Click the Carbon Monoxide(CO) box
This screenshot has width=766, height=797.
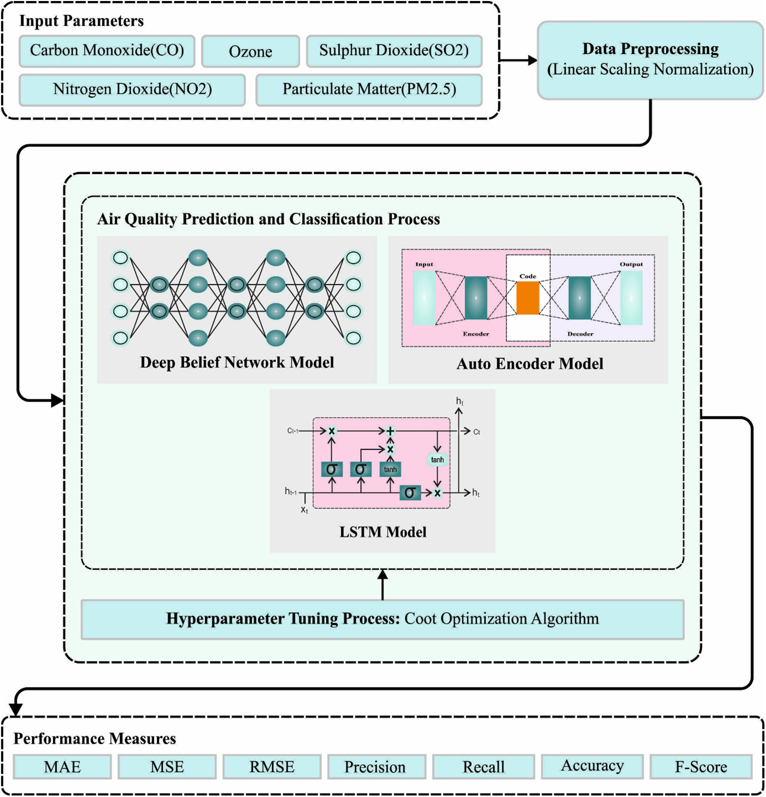coord(107,51)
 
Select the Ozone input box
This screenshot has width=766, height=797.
coord(250,51)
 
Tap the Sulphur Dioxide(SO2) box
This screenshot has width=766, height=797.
coord(394,51)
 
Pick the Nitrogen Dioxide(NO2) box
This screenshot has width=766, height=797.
coord(132,90)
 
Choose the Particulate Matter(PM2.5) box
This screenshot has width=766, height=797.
coord(369,90)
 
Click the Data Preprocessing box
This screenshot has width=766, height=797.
coord(650,60)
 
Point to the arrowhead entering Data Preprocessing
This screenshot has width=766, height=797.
coord(532,60)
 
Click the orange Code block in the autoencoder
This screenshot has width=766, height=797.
coord(528,298)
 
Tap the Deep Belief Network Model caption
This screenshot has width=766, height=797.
coord(237,362)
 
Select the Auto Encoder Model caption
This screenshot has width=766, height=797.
coord(530,364)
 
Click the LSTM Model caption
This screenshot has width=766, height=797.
coord(383,532)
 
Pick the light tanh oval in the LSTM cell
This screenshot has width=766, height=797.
coord(437,460)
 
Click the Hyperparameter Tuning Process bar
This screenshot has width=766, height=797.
coord(382,619)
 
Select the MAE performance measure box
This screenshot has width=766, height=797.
coord(62,767)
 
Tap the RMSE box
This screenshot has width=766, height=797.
coord(272,767)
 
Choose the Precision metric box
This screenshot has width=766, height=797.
coord(375,767)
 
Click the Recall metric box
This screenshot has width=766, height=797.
coord(484,767)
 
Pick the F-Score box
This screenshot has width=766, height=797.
coord(701,767)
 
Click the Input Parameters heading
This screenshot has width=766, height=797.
coord(81,21)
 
